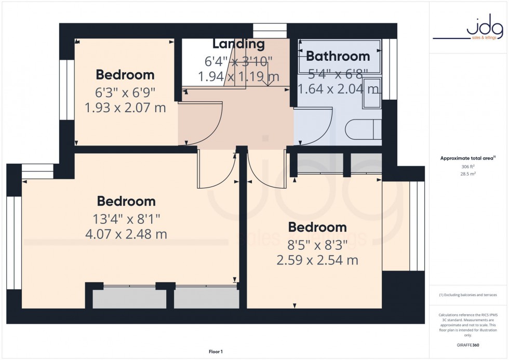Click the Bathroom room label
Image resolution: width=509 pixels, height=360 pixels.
(x=338, y=56)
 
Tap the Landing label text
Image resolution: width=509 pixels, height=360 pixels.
(x=238, y=45)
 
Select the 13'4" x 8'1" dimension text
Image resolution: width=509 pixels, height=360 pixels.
(x=126, y=219)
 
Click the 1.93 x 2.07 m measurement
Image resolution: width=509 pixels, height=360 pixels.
(x=125, y=108)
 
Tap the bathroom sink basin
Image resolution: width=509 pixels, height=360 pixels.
(x=372, y=94)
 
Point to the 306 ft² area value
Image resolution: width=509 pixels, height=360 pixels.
(x=468, y=166)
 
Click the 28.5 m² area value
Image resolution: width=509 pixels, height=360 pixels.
(x=468, y=174)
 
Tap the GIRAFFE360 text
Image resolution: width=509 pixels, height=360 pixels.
(x=468, y=344)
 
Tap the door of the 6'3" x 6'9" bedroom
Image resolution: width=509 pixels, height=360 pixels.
(x=203, y=125)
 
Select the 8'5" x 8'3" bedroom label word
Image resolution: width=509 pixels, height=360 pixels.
(x=317, y=228)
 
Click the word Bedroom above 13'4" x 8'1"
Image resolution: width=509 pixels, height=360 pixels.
(x=126, y=201)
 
